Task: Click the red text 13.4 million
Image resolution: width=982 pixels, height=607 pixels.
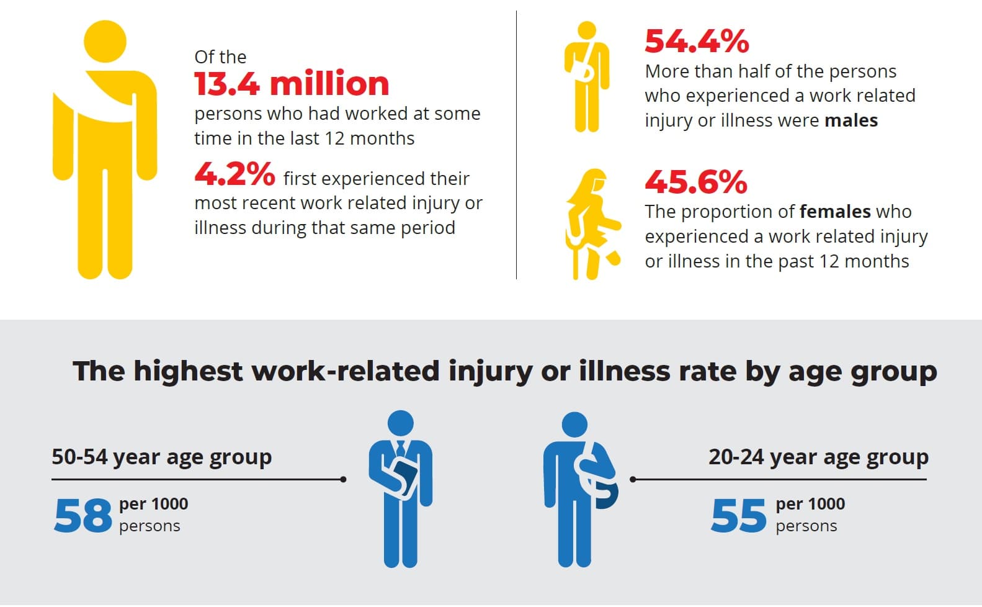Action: (x=292, y=84)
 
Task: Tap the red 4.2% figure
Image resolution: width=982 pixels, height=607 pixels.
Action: (x=234, y=174)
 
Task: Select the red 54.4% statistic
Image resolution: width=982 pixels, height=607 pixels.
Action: (x=697, y=42)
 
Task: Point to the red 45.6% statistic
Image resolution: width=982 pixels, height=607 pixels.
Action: (x=696, y=182)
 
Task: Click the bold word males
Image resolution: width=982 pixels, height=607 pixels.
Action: (x=851, y=120)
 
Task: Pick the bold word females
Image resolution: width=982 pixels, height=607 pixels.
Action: (x=835, y=212)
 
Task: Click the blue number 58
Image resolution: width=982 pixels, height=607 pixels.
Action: (x=83, y=516)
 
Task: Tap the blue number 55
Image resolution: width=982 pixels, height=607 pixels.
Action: (x=739, y=516)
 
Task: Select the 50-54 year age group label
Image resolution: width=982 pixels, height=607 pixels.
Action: (x=161, y=457)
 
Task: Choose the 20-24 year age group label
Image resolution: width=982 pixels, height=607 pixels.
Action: (x=818, y=457)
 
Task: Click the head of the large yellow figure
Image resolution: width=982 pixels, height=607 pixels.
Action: (x=105, y=42)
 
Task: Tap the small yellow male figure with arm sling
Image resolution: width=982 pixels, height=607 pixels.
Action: (x=586, y=78)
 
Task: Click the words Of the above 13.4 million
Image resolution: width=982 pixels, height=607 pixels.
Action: (x=220, y=57)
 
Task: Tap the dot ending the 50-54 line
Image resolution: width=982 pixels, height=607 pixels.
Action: (x=344, y=479)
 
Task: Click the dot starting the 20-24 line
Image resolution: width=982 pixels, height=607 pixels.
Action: (x=633, y=479)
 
